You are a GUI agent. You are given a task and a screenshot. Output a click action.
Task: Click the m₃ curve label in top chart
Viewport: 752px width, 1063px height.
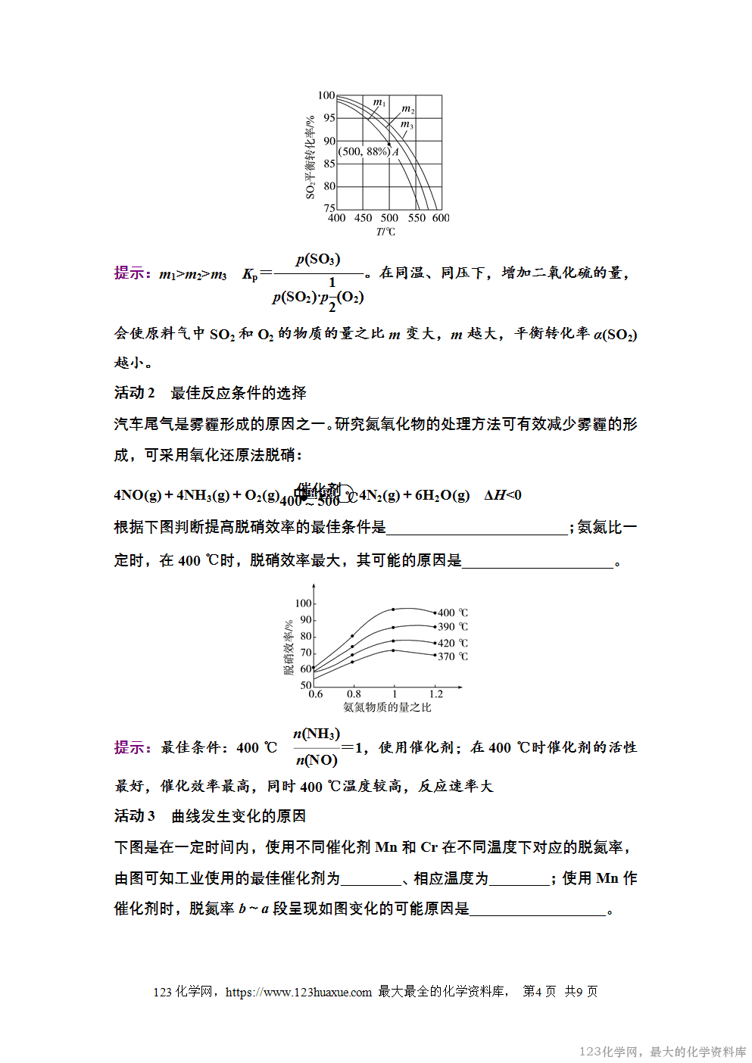(x=407, y=124)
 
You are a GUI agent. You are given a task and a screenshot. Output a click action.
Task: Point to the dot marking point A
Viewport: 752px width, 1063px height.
(x=389, y=144)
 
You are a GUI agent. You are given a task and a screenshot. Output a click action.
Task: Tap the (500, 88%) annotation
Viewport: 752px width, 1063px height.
(x=364, y=151)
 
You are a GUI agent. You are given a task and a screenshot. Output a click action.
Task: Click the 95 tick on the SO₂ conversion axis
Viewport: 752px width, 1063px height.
(x=329, y=118)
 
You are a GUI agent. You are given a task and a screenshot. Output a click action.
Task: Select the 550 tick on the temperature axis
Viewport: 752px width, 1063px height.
(x=417, y=218)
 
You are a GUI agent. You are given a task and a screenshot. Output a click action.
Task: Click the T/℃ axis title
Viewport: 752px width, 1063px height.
(x=385, y=232)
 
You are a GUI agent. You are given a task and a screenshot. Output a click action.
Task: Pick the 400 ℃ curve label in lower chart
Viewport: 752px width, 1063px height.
(x=453, y=613)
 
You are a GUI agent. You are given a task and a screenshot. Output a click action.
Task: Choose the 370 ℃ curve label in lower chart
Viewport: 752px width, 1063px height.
(x=453, y=656)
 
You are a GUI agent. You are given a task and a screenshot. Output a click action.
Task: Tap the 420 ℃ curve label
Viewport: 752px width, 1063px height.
(x=453, y=643)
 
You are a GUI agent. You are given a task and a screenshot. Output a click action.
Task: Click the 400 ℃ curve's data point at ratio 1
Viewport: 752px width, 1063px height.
(x=393, y=609)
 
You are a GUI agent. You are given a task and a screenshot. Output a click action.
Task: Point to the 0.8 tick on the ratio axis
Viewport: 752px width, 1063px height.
(x=354, y=694)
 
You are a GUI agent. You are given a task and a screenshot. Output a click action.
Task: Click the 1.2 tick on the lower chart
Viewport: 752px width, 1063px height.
(x=436, y=694)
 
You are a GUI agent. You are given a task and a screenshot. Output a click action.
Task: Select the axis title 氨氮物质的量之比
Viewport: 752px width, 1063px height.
(x=387, y=707)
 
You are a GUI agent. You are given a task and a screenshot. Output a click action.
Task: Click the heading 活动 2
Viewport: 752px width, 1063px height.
(x=135, y=393)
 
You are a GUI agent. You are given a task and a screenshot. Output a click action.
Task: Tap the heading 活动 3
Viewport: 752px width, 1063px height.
(x=135, y=816)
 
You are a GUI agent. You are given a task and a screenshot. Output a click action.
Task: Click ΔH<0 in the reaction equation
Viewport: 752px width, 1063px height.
(x=503, y=495)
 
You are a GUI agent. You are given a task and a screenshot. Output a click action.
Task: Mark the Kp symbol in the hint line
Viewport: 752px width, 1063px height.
(x=250, y=274)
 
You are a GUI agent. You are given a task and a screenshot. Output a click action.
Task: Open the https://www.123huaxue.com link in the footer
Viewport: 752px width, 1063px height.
(x=298, y=992)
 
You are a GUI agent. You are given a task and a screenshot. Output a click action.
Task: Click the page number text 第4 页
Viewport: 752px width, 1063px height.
(x=539, y=992)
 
